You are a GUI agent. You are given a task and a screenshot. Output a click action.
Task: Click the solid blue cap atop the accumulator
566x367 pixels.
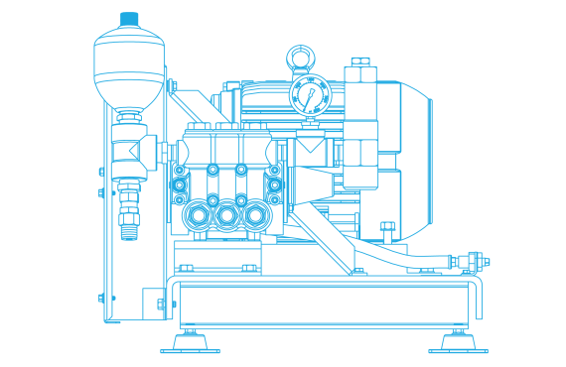tap(129, 19)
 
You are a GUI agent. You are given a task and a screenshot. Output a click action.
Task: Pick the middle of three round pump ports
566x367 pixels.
tap(228, 213)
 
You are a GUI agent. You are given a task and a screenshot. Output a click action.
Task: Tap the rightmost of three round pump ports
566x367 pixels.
tap(259, 213)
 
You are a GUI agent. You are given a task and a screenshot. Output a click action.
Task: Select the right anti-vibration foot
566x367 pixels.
tap(458, 343)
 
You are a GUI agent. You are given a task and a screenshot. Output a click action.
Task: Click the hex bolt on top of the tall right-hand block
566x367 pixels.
tap(359, 62)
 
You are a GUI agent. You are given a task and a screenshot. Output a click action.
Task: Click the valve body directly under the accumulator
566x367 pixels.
tap(129, 154)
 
